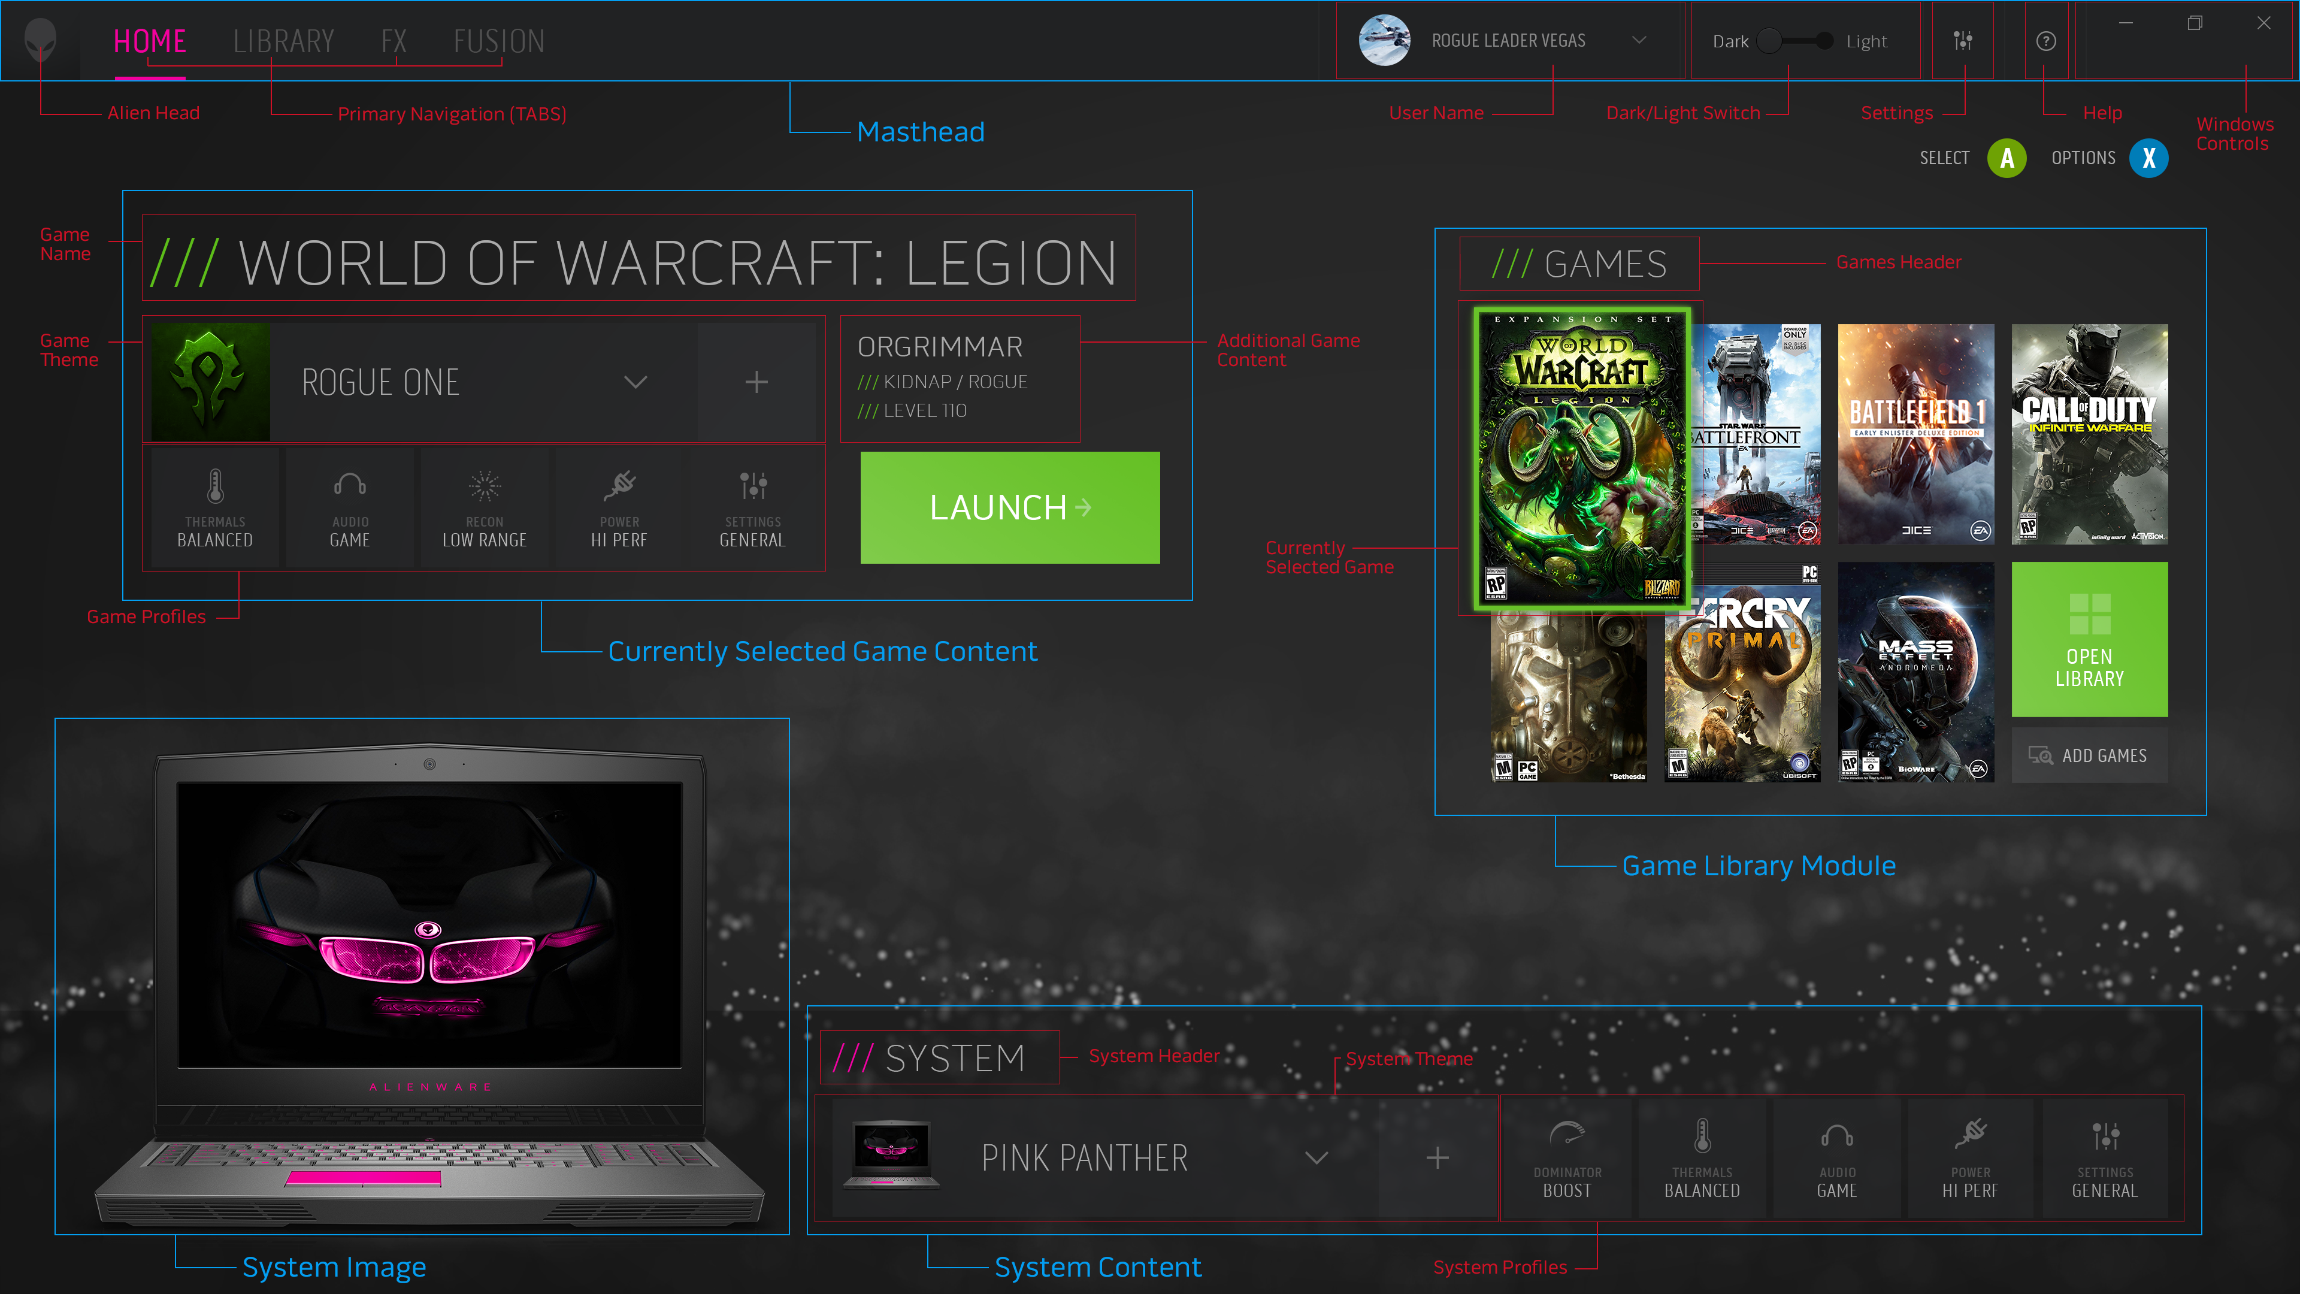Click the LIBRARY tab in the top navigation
[283, 41]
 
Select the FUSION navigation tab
[498, 41]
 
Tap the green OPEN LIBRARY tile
[2089, 639]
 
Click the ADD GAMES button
[2089, 755]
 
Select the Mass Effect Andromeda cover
[1915, 672]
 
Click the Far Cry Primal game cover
[1742, 683]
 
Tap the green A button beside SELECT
[2007, 158]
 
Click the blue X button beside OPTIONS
[2148, 158]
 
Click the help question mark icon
[2045, 41]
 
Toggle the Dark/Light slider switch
[1796, 41]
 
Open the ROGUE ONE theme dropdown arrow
[635, 382]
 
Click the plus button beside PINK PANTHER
[1437, 1157]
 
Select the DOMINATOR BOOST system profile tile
[1567, 1157]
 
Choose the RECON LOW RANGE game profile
[484, 507]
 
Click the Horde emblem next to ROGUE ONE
[211, 382]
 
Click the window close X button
[2263, 23]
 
